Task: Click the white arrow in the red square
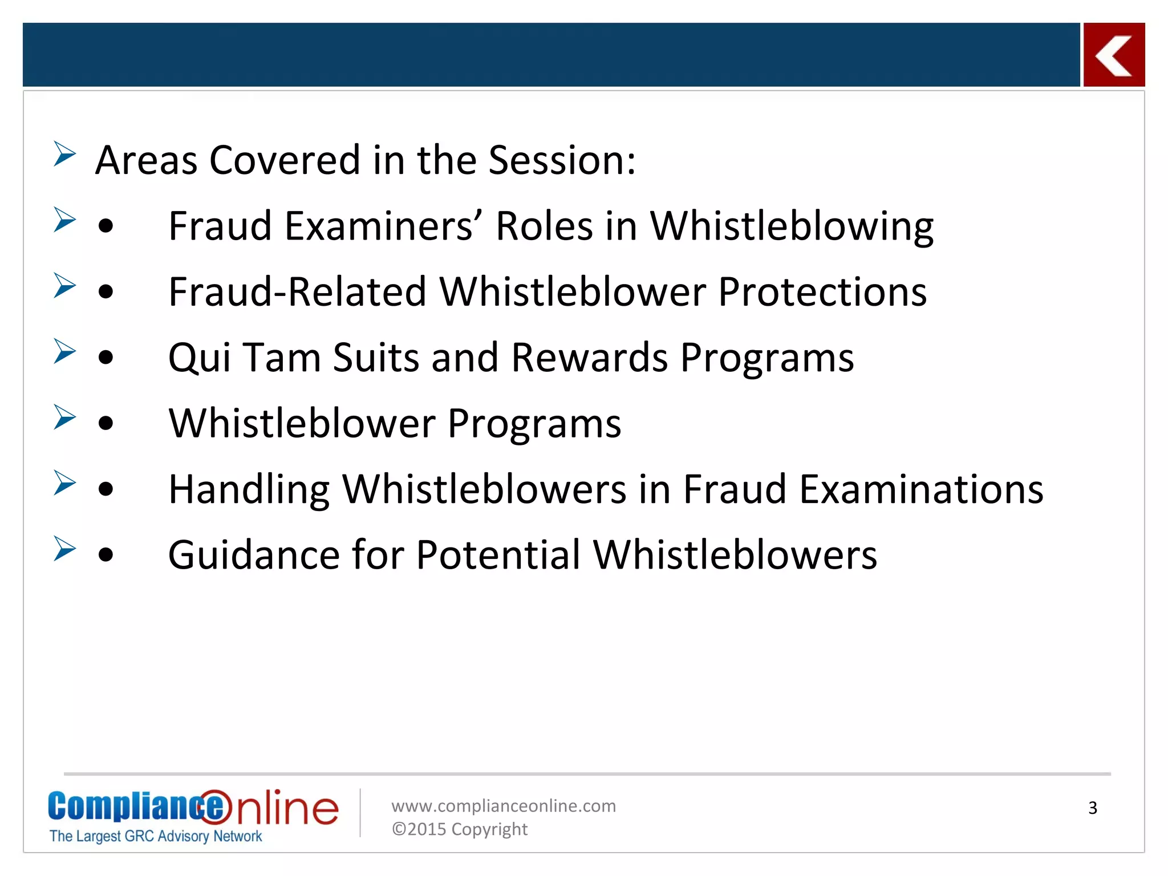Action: coord(1113,55)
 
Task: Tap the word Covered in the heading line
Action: coord(285,160)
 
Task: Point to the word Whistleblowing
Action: coord(791,226)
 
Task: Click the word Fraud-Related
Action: coord(297,292)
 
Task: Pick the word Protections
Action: coord(822,292)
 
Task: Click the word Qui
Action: coord(199,358)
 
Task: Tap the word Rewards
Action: coord(589,358)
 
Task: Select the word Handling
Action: coord(249,490)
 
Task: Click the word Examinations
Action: coord(920,490)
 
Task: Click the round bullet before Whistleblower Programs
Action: coord(106,424)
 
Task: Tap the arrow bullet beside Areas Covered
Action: coord(64,154)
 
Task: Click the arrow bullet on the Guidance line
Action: coord(64,549)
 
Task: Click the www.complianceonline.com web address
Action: coord(503,806)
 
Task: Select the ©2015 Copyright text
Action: coord(459,829)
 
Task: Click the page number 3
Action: coord(1092,808)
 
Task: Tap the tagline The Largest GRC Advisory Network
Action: coord(155,836)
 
